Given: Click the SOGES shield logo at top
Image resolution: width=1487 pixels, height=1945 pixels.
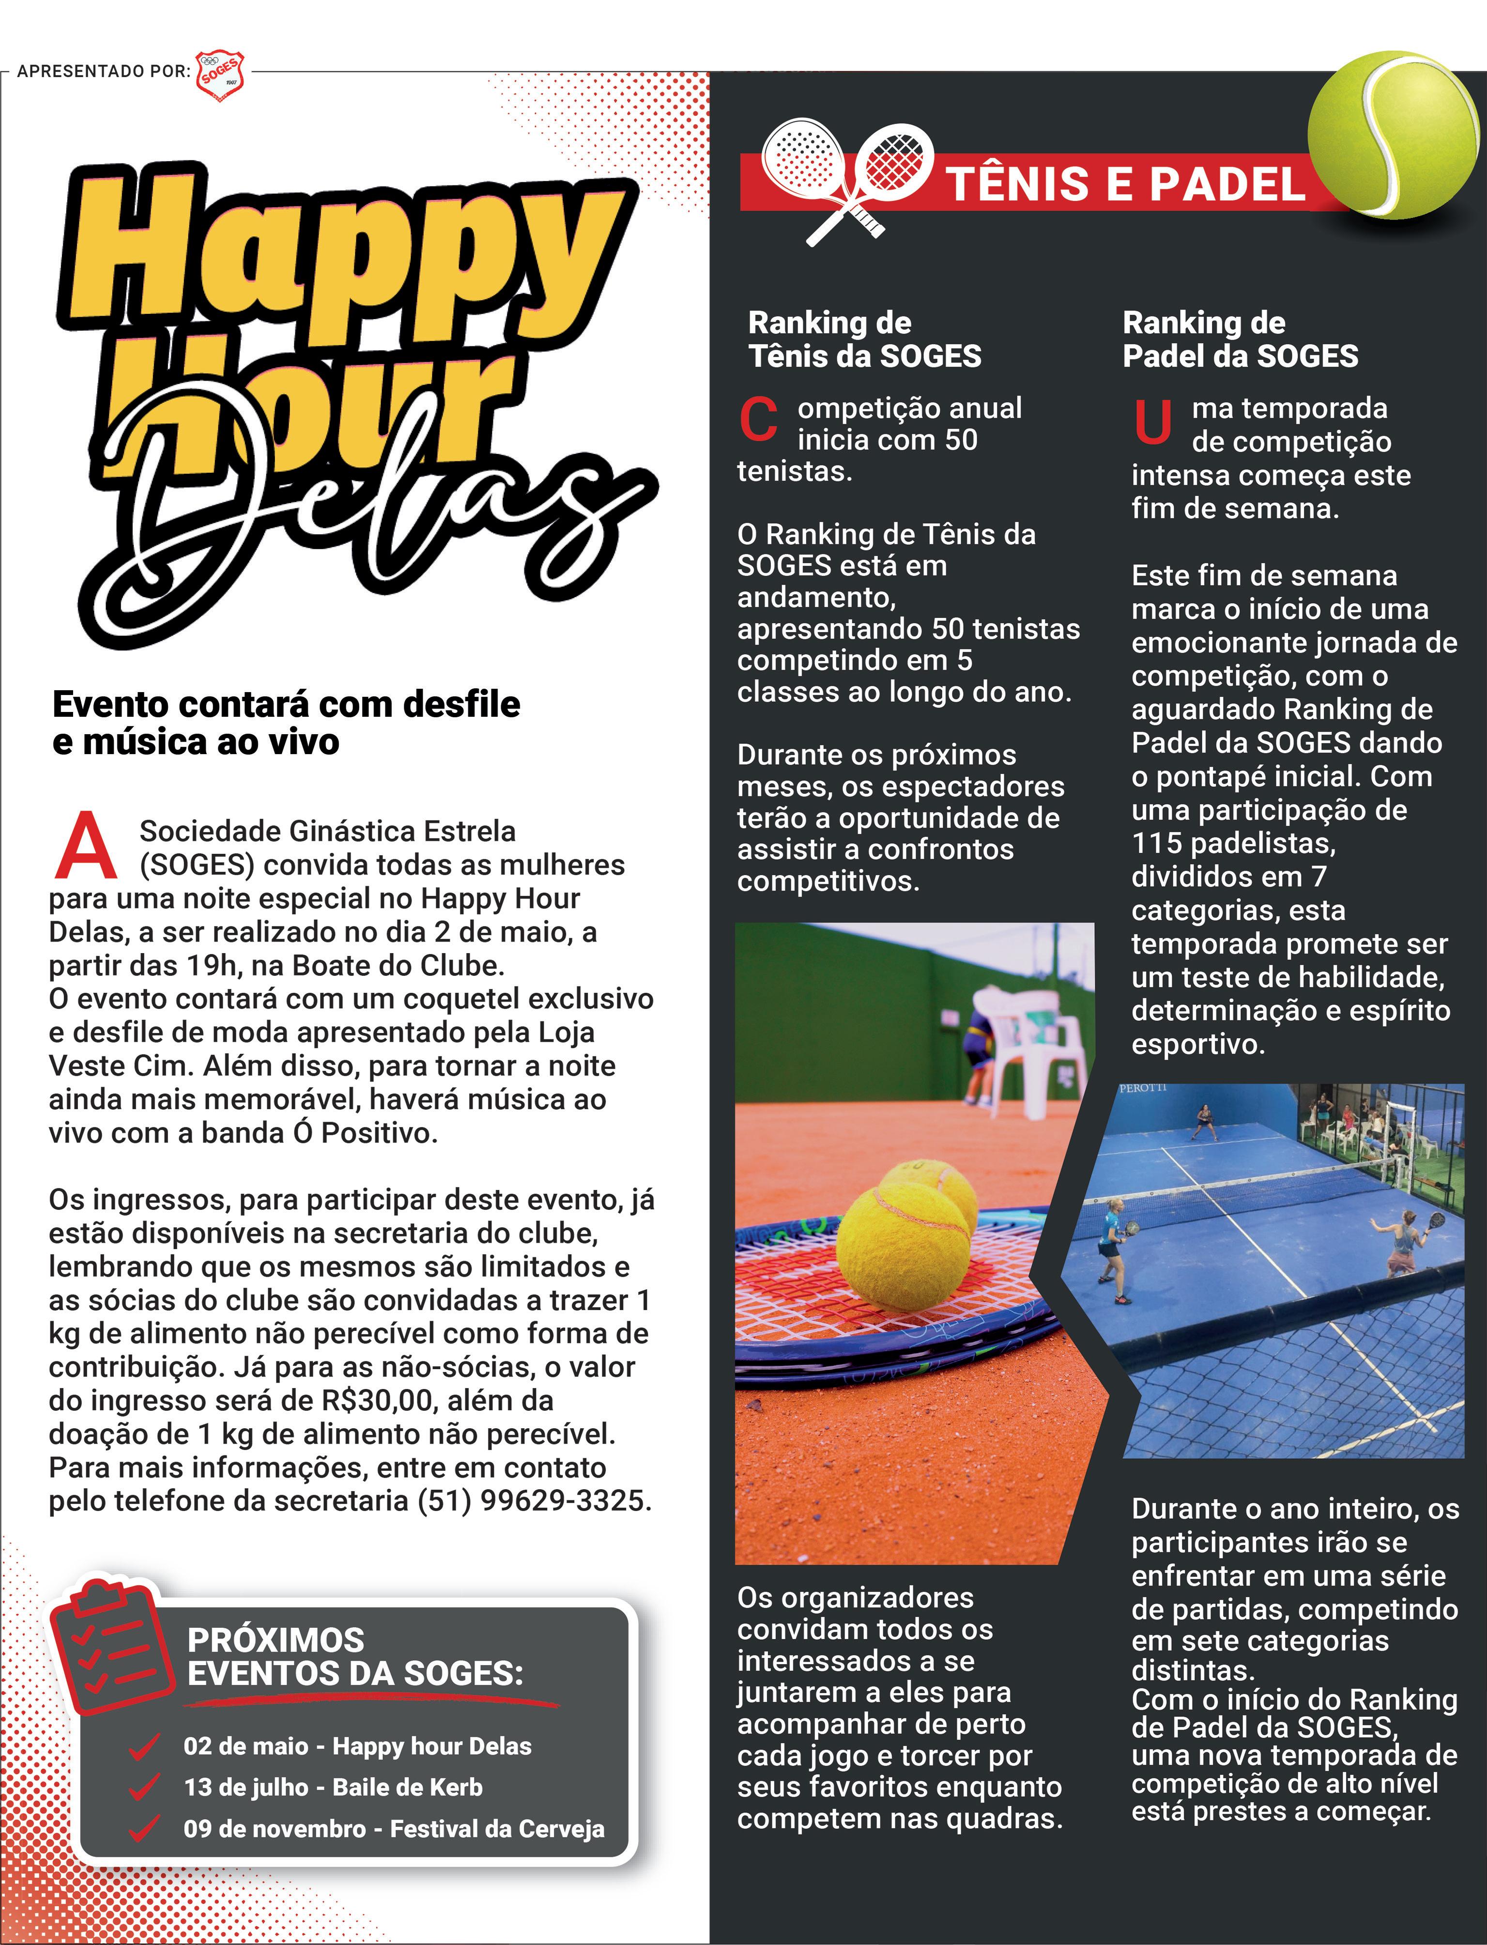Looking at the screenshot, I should (219, 75).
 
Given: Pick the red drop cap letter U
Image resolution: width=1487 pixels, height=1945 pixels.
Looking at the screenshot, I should (1152, 422).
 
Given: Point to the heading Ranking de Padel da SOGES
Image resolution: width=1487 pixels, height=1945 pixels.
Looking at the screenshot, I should (1239, 339).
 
